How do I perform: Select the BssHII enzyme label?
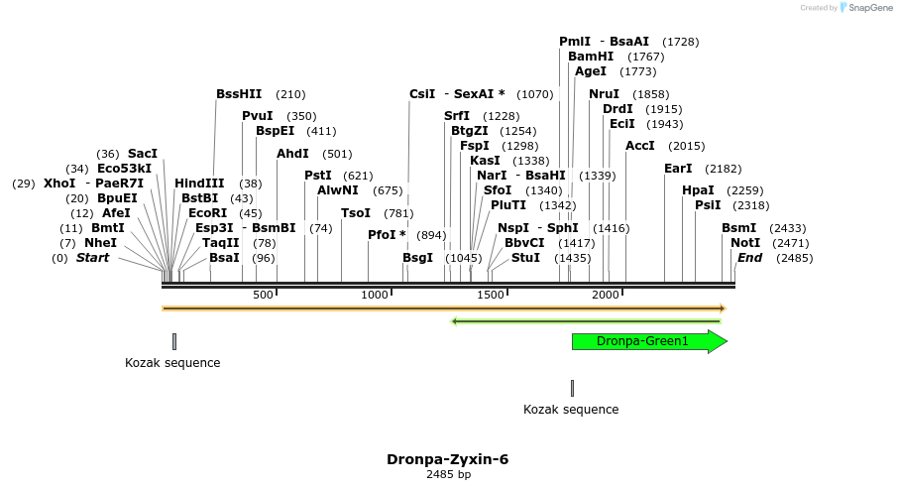click(239, 94)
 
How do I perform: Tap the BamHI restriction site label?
click(591, 57)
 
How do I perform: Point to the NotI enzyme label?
click(745, 243)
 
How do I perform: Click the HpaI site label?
click(698, 190)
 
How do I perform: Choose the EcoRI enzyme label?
click(207, 213)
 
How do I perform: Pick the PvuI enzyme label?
click(258, 116)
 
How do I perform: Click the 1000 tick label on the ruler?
click(375, 296)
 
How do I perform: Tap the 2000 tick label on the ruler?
click(605, 296)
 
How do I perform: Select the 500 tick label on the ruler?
click(263, 296)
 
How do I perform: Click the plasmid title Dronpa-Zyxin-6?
click(448, 460)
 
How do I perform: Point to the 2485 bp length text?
click(448, 475)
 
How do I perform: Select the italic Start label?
click(92, 258)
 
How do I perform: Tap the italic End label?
click(750, 258)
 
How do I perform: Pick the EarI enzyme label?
click(678, 169)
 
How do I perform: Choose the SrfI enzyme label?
click(457, 116)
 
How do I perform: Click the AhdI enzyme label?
click(293, 154)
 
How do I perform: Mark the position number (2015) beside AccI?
click(687, 146)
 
